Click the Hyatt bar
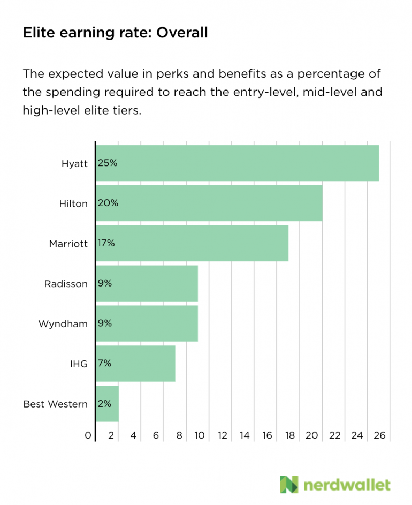[x=237, y=163]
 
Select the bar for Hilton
[x=209, y=203]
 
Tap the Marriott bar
[x=192, y=243]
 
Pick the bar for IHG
[x=135, y=363]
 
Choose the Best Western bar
[x=107, y=403]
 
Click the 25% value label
[x=107, y=163]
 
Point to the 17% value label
[x=106, y=243]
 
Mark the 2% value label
[x=104, y=403]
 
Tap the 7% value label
[x=104, y=363]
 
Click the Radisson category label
[x=66, y=284]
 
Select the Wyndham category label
[x=63, y=324]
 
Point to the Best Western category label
[x=56, y=404]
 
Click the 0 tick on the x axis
[x=88, y=436]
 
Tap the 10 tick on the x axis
[x=200, y=436]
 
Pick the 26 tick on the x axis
[x=379, y=436]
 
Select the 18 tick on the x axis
[x=289, y=436]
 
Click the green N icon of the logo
[x=289, y=484]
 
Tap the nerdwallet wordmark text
[x=347, y=485]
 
